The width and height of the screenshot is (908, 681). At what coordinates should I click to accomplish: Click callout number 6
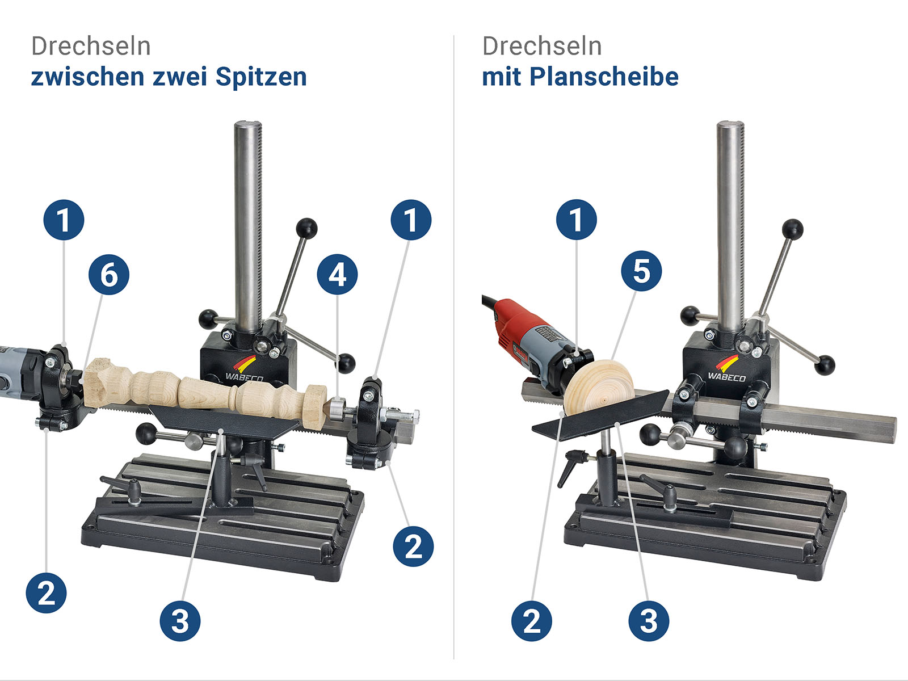109,275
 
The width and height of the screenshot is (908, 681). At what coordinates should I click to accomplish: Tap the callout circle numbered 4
337,275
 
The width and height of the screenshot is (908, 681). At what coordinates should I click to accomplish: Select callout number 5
641,271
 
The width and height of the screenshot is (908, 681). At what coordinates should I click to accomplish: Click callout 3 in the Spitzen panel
180,621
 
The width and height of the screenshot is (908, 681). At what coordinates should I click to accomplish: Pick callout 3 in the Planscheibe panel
648,621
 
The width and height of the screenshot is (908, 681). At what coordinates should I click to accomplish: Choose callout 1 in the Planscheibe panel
576,220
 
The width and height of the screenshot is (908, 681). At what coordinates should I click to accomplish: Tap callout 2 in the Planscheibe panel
532,621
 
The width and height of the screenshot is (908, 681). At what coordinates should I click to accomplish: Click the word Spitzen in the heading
261,77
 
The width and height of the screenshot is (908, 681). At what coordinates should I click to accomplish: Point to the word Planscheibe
604,77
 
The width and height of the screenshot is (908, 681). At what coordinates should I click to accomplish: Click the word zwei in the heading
180,77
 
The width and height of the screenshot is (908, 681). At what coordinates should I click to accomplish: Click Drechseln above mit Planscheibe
542,46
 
